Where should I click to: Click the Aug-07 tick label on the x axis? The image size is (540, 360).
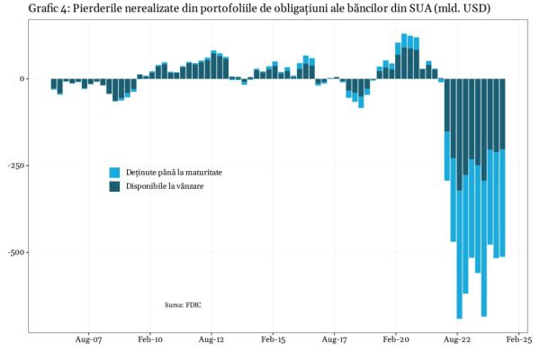pos(88,342)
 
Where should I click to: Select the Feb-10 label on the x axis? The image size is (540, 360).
pos(150,342)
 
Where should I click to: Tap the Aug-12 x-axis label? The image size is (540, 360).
pos(211,342)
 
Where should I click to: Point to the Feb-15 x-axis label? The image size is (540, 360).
pos(273,342)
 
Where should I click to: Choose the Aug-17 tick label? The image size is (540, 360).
pos(334,342)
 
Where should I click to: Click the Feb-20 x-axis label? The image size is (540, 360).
pos(396,342)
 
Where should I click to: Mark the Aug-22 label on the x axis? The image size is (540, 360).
pos(457,342)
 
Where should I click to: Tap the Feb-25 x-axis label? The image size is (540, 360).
pos(518,342)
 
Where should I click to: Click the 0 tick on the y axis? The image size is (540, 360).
pos(21,79)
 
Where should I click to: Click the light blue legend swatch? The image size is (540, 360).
pos(114,172)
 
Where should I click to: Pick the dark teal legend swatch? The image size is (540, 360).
pos(114,186)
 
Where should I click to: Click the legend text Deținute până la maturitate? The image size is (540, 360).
pos(174,172)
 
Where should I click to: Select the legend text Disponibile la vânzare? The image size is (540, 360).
pos(165,186)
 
